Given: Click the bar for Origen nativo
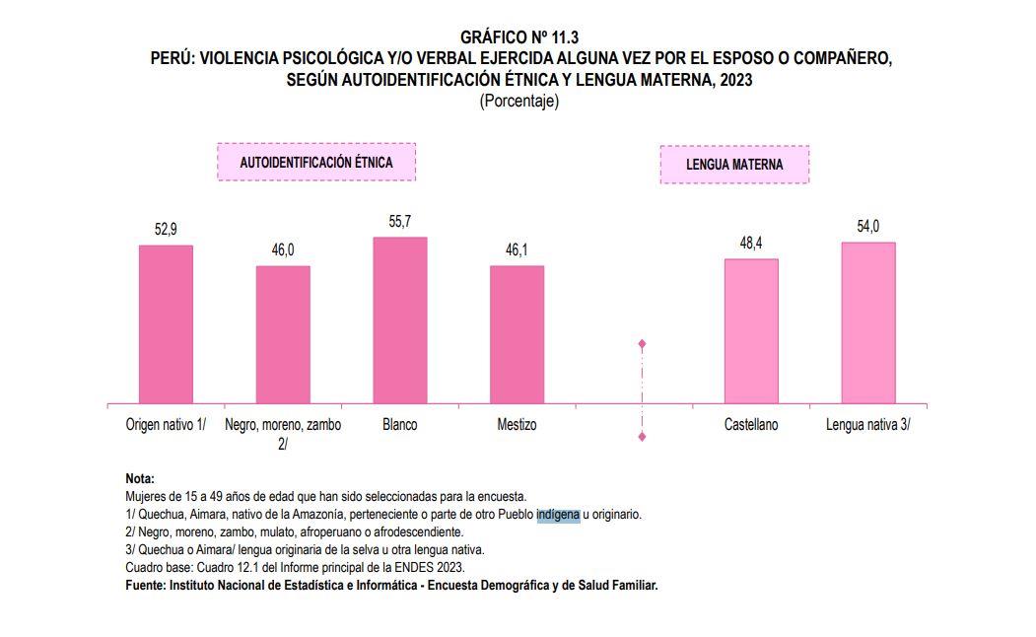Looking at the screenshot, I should (x=166, y=324).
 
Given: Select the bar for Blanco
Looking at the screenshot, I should (x=400, y=320).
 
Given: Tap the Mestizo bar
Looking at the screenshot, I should (x=517, y=334).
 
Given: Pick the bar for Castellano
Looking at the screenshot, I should (x=751, y=331).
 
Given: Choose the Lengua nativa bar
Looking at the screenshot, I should (x=868, y=322).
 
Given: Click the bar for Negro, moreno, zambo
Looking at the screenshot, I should (x=283, y=334).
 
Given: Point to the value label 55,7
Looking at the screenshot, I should (x=400, y=223).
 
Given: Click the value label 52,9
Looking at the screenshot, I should (x=166, y=230).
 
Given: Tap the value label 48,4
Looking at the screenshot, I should (x=751, y=244).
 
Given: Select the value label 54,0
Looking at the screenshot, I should (x=868, y=228).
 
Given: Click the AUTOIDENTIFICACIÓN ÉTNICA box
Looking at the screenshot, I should (x=316, y=162).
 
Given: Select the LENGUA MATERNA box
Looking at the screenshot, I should (x=734, y=165).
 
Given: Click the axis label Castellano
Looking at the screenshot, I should (x=751, y=425).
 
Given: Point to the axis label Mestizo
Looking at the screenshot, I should (x=517, y=425).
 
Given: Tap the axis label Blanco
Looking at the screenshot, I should (x=400, y=425).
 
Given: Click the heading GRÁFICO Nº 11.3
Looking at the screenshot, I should (x=518, y=38).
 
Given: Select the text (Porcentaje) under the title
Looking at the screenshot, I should (x=518, y=101).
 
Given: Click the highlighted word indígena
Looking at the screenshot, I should (x=558, y=515).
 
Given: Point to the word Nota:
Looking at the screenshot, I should (x=140, y=479).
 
